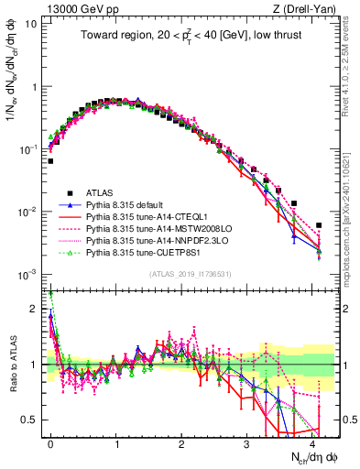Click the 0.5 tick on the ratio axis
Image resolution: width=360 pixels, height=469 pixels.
coord(34,420)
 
